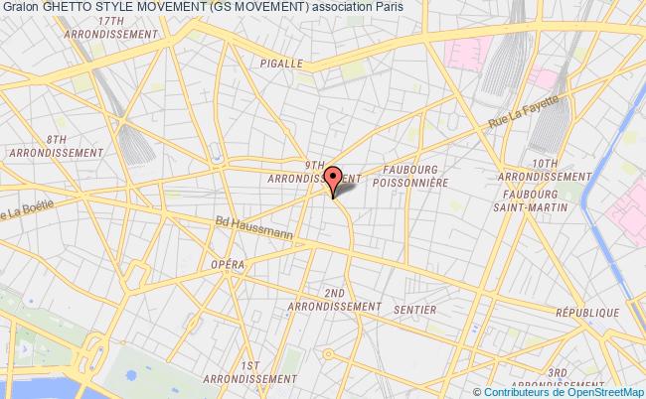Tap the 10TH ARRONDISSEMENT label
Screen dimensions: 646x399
545,169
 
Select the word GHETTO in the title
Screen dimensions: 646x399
64,8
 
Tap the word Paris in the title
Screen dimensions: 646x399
389,8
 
